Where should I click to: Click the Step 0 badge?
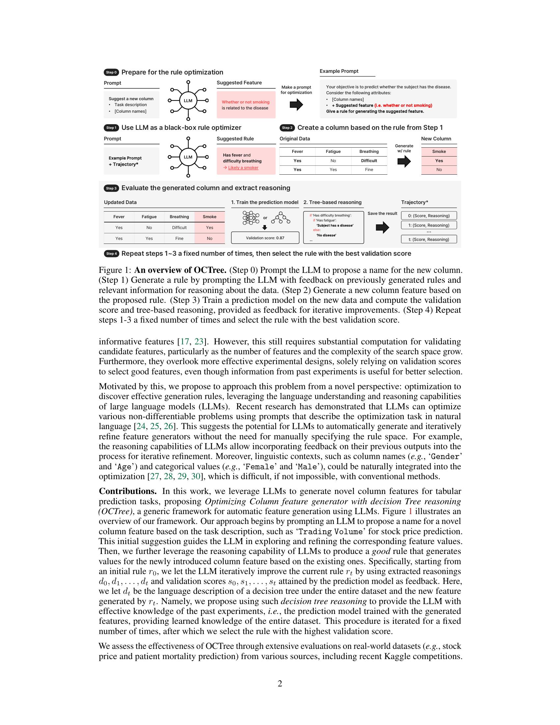[x=111, y=72]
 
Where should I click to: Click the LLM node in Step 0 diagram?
[x=188, y=101]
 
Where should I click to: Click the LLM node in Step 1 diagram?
[x=188, y=157]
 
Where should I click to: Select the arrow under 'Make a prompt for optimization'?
[x=296, y=104]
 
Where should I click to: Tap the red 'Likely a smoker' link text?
[x=243, y=168]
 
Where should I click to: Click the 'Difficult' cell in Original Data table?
[x=369, y=161]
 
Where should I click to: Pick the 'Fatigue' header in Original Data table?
[x=333, y=151]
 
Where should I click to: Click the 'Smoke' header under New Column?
[x=439, y=151]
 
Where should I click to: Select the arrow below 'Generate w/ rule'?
[x=404, y=162]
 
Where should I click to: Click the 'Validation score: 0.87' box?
[x=265, y=238]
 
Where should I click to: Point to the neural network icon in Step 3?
[x=251, y=218]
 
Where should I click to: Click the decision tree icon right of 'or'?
[x=281, y=218]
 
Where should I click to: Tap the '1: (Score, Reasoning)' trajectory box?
[x=429, y=225]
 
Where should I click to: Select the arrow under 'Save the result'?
[x=382, y=227]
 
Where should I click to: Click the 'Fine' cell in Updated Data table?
[x=179, y=238]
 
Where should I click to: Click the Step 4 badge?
[x=111, y=254]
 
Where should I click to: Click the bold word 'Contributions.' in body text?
[x=128, y=491]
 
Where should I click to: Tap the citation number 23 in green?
[x=199, y=342]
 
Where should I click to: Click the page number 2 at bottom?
[x=280, y=683]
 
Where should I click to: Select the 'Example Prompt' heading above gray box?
[x=339, y=71]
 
